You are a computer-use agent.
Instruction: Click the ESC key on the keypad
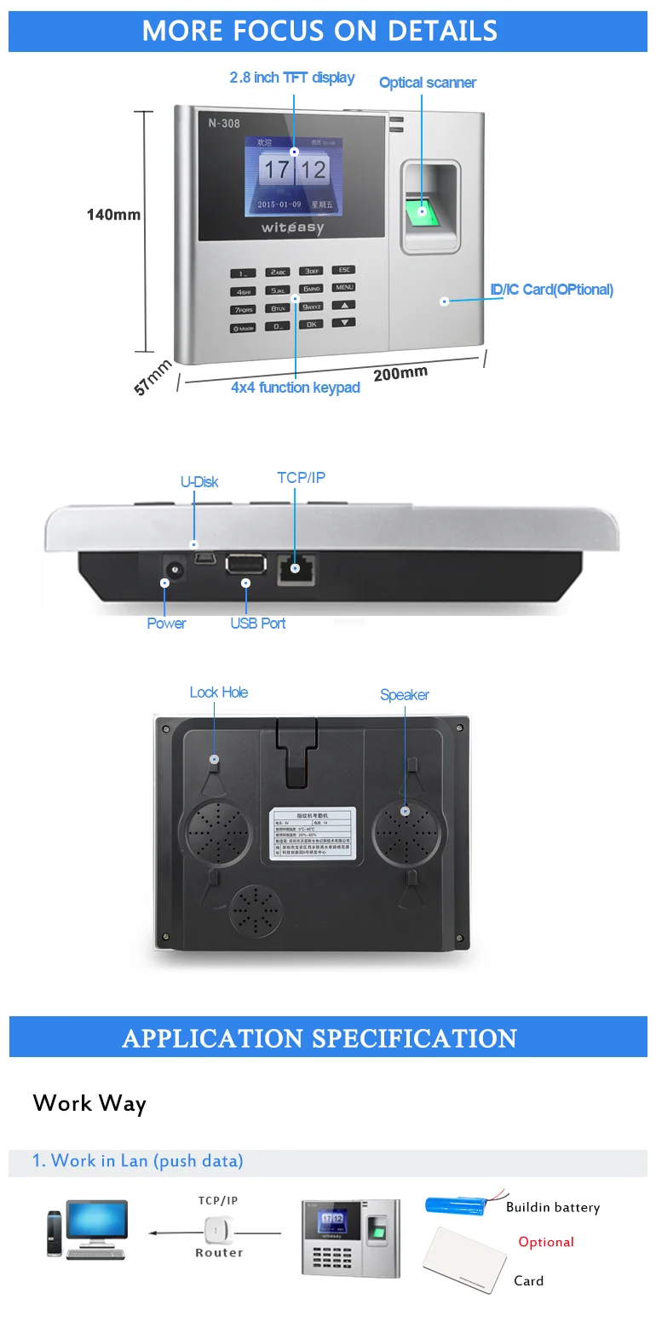coord(343,270)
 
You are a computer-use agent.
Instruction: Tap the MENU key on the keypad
coord(343,287)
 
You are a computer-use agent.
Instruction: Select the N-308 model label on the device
coord(224,124)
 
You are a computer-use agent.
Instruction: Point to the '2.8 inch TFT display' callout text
coord(291,78)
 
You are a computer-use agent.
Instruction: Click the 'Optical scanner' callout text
coord(427,83)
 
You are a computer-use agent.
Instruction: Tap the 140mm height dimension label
coord(113,215)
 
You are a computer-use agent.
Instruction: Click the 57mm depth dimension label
coord(152,377)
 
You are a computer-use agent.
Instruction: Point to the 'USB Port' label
coord(257,624)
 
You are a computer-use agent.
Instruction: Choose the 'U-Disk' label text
coord(199,482)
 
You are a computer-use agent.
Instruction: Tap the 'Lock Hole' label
coord(219,693)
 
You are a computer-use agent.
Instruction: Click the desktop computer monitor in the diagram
coord(96,1221)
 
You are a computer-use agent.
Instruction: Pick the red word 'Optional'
coord(546,1242)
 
